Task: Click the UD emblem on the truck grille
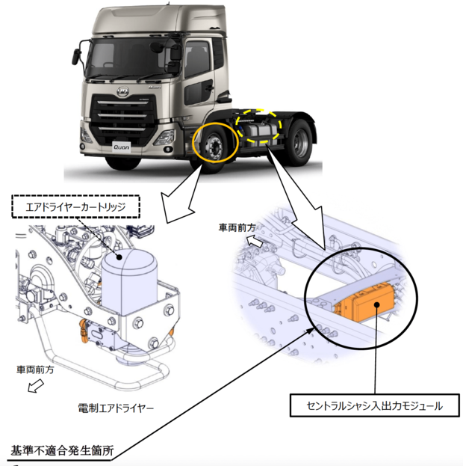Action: [x=123, y=92]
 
